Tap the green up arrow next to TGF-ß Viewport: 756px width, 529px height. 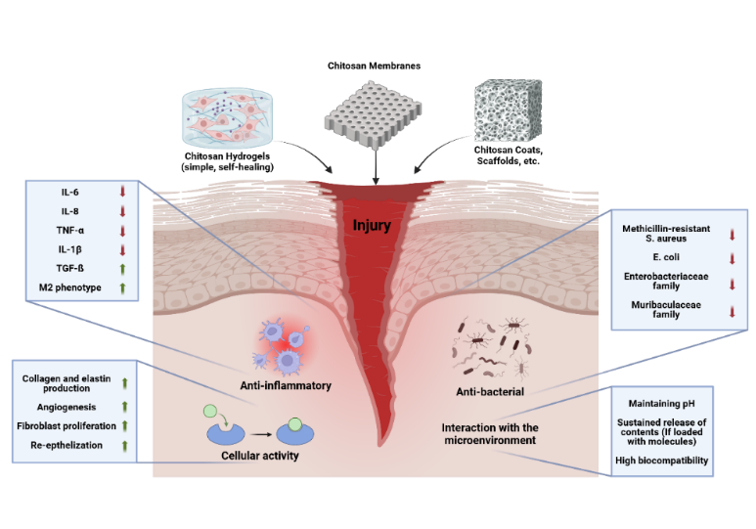click(x=120, y=269)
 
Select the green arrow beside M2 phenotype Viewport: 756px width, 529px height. click(x=120, y=287)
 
